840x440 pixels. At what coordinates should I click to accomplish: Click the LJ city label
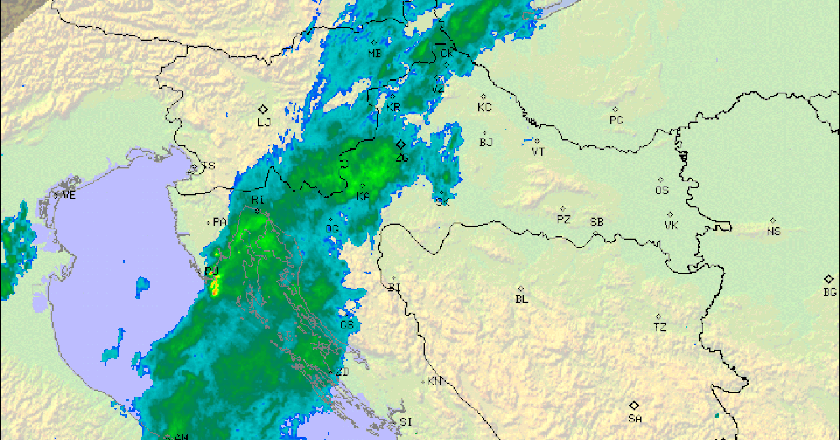[x=264, y=122]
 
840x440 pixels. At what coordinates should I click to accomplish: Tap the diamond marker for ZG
[x=400, y=144]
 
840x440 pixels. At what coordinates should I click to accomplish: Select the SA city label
[x=635, y=418]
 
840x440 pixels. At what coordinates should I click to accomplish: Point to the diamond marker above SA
[x=634, y=405]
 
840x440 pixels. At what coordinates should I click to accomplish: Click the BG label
[x=830, y=292]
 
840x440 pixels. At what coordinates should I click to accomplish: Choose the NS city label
[x=774, y=231]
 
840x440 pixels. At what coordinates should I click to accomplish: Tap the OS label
[x=661, y=190]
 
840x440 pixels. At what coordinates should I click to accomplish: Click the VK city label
[x=671, y=226]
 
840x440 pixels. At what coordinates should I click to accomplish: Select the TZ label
[x=660, y=327]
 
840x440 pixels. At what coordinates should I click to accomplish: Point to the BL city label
[x=522, y=299]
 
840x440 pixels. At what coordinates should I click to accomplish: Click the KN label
[x=434, y=382]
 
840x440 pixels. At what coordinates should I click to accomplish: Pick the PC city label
[x=616, y=120]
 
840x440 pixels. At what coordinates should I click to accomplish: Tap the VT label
[x=538, y=152]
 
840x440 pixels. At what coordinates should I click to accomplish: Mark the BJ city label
[x=486, y=142]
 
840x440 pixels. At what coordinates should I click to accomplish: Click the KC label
[x=484, y=108]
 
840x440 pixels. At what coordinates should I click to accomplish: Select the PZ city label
[x=564, y=220]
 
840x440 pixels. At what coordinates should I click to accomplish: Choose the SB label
[x=596, y=222]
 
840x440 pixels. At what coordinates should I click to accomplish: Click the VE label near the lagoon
[x=69, y=195]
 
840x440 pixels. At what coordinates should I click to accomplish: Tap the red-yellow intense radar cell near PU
[x=214, y=286]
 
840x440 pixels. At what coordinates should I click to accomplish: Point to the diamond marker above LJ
[x=263, y=109]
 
